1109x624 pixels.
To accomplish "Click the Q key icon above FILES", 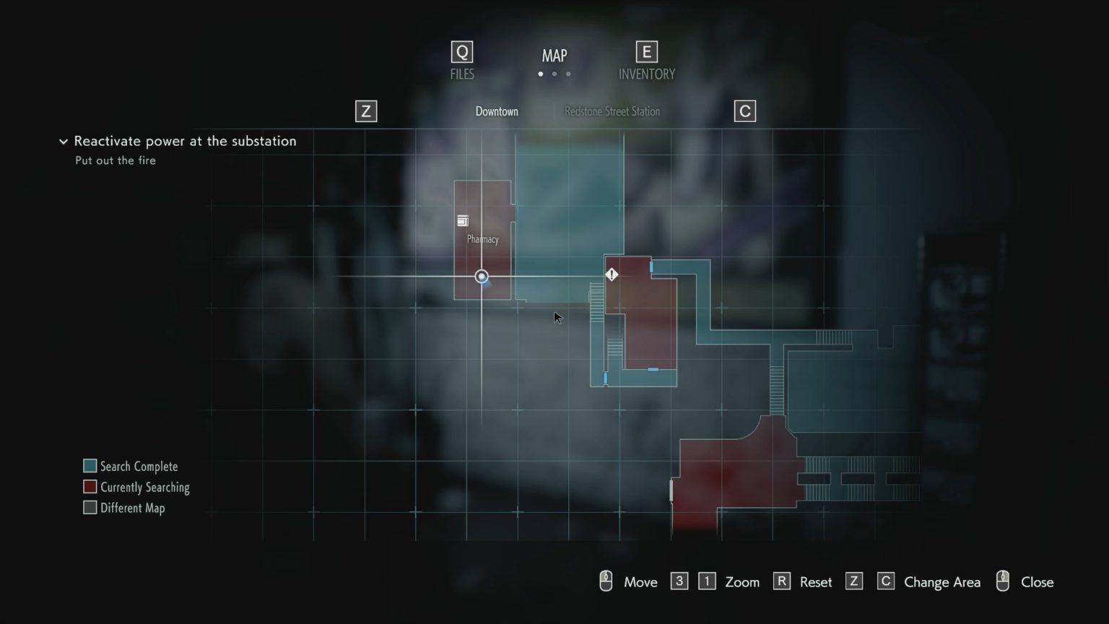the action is click(461, 52).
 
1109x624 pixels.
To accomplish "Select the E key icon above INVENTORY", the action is click(646, 52).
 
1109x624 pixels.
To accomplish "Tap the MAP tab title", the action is click(554, 56).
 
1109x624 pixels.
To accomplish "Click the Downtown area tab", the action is click(497, 111).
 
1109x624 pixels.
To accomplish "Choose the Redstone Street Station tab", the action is click(612, 111).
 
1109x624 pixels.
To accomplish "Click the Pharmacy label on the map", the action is click(482, 239).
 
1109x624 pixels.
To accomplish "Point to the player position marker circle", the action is click(482, 277).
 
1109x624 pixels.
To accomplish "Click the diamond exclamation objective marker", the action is click(612, 274).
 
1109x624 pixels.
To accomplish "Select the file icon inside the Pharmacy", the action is click(463, 221).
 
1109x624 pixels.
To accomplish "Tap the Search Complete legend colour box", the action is click(90, 466).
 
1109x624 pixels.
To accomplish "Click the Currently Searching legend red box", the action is click(90, 487).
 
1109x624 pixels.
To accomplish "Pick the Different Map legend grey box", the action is click(90, 508).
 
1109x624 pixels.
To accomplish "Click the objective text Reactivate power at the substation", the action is click(185, 141).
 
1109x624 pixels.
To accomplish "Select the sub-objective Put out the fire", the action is click(116, 160).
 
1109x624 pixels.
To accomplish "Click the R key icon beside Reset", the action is click(781, 581).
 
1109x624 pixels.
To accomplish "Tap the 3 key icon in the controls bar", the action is click(679, 581).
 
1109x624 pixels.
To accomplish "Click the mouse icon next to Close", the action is click(1002, 581).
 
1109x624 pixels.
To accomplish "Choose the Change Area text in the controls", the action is click(942, 582).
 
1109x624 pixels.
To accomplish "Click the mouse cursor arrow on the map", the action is click(557, 318).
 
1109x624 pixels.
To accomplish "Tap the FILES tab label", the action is click(462, 74).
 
